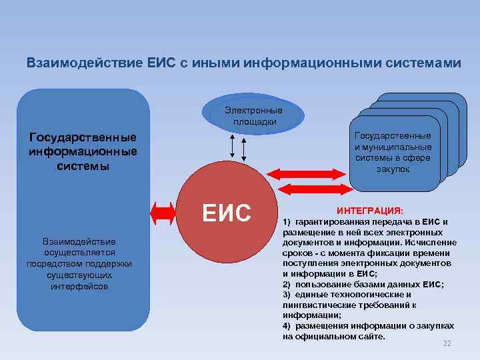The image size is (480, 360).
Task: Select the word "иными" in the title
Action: click(x=217, y=63)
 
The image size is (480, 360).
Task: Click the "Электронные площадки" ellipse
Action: click(x=253, y=115)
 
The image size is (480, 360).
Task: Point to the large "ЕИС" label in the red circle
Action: click(x=227, y=213)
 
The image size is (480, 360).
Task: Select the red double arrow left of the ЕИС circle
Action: click(x=163, y=213)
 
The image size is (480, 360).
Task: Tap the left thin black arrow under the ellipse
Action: click(x=231, y=145)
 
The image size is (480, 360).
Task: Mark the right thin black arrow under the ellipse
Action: click(x=244, y=149)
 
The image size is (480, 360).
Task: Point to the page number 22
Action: click(x=447, y=343)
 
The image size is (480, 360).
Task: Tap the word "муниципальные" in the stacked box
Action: click(x=403, y=147)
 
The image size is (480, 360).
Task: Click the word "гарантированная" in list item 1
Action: click(x=327, y=221)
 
